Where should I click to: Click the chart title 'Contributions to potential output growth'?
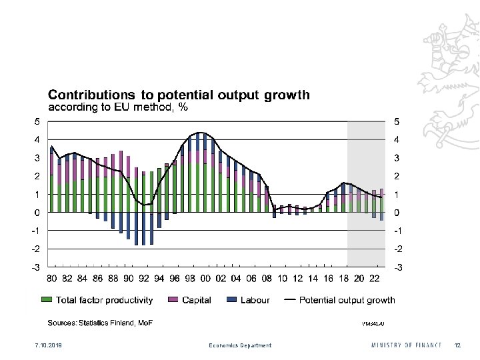(x=178, y=95)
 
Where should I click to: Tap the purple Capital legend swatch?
(x=173, y=300)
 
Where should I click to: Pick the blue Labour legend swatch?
(x=232, y=300)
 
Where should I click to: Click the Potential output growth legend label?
(x=347, y=300)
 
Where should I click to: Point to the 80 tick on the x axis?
(x=51, y=278)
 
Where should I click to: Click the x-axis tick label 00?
(x=205, y=278)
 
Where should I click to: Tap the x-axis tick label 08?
(x=267, y=278)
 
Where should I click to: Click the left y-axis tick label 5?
(x=36, y=122)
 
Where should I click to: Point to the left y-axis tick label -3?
(x=35, y=267)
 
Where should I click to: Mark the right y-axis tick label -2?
(x=399, y=249)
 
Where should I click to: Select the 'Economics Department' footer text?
(x=240, y=345)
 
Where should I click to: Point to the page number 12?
(x=457, y=345)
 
